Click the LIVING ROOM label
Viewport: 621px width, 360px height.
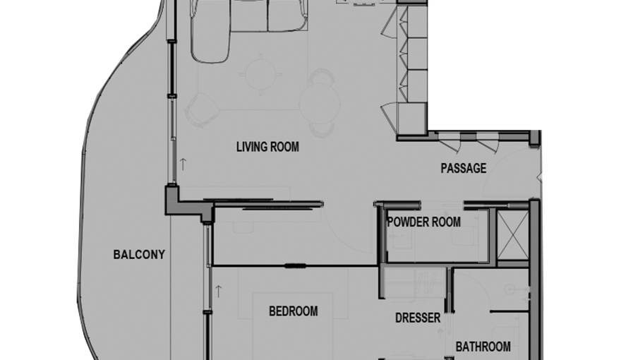pos(267,147)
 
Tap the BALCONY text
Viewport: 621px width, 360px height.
pos(139,254)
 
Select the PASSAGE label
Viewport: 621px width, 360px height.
pos(464,168)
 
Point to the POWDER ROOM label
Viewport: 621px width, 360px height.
pos(423,222)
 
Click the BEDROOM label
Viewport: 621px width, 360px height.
pos(293,311)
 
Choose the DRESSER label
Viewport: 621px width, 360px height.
pos(418,318)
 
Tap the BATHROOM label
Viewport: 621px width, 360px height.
pos(483,347)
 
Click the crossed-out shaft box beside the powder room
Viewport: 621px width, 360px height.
pos(512,234)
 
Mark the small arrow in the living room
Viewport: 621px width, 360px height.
pos(183,163)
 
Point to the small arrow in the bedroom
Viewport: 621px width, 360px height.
pos(218,289)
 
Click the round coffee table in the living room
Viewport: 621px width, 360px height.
pos(261,73)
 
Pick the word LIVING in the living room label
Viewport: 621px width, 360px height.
pos(252,147)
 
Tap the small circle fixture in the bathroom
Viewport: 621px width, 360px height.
pos(507,288)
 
